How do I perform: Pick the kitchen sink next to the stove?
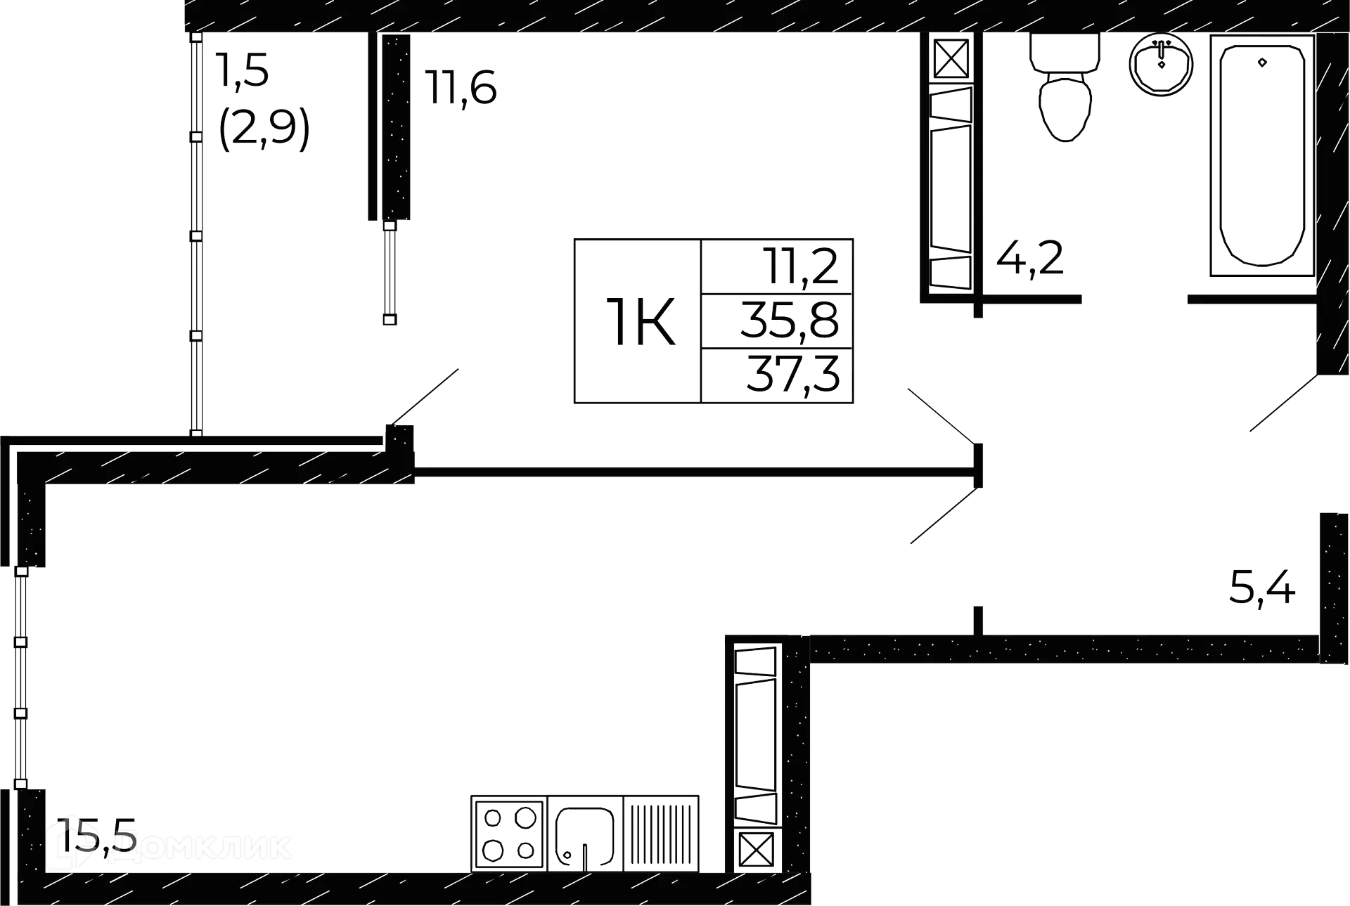(x=585, y=836)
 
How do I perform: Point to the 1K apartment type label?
(x=638, y=323)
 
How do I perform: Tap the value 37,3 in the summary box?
(x=793, y=376)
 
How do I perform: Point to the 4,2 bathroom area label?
(x=1029, y=258)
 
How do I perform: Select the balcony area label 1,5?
(x=243, y=71)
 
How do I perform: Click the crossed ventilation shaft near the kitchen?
(x=757, y=851)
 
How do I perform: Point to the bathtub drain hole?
(x=1263, y=62)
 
